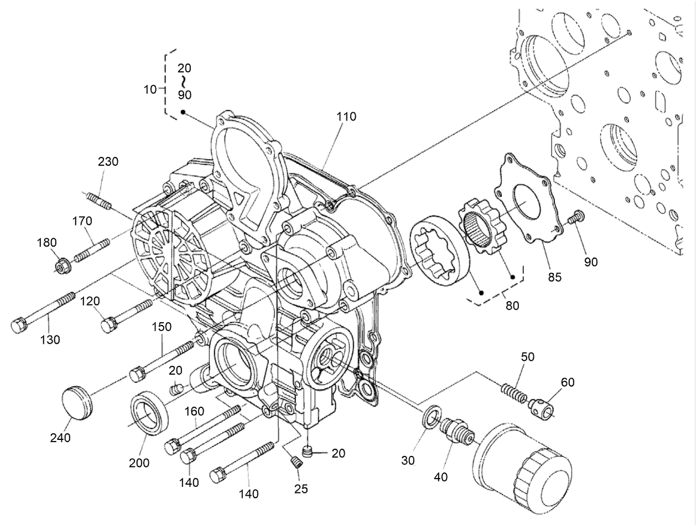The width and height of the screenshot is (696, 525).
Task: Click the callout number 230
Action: [x=108, y=162]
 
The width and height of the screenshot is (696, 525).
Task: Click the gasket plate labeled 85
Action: [x=526, y=199]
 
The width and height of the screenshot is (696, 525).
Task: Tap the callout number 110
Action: [x=345, y=117]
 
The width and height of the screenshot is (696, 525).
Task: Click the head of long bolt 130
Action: [x=19, y=324]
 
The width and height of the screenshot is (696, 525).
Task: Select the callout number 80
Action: [x=512, y=305]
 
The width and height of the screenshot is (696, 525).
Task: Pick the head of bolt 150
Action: [x=137, y=374]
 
